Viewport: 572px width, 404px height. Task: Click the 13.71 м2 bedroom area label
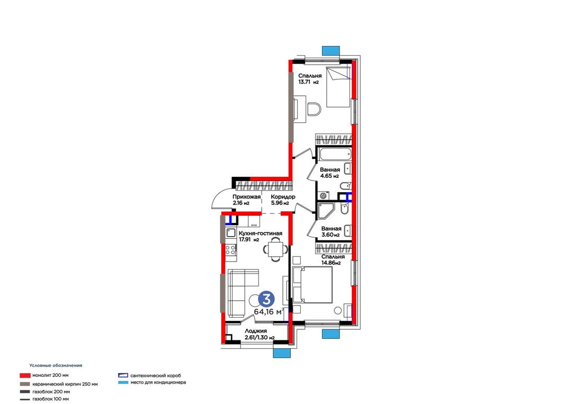pos(309,82)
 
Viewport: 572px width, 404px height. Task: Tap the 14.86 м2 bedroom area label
pos(331,263)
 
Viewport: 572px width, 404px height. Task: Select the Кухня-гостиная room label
pos(260,234)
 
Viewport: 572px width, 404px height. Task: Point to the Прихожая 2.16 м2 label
pos(247,200)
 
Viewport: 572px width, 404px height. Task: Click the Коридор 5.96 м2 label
pos(283,200)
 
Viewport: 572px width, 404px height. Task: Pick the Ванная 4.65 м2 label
pos(330,173)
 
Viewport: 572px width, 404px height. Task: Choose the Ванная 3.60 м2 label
pos(331,232)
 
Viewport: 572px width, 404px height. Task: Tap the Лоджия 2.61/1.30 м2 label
pos(260,334)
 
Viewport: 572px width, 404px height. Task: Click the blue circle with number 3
pos(266,299)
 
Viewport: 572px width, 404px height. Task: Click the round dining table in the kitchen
pos(275,249)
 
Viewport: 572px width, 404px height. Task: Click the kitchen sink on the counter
pos(231,232)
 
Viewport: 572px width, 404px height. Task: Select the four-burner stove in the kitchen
pos(230,249)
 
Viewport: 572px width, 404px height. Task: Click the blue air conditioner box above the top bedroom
pos(331,51)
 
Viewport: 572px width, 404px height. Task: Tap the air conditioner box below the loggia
pos(282,353)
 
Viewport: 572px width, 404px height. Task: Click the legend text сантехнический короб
pos(155,375)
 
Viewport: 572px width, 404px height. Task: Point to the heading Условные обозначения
pos(56,365)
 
